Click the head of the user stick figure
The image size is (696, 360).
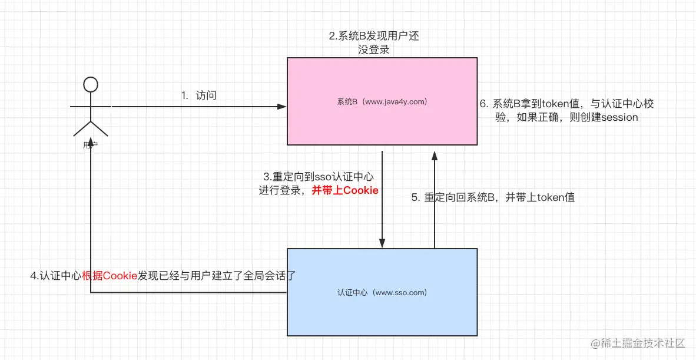tap(90, 84)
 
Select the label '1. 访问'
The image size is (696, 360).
tap(198, 95)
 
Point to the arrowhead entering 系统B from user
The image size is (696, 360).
tap(282, 107)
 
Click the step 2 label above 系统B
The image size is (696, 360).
tap(374, 43)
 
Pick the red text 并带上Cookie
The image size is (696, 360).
tap(344, 190)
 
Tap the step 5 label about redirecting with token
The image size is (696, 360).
tap(493, 198)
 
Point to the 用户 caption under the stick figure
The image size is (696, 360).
tap(90, 144)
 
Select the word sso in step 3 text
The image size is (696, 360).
tap(324, 176)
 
